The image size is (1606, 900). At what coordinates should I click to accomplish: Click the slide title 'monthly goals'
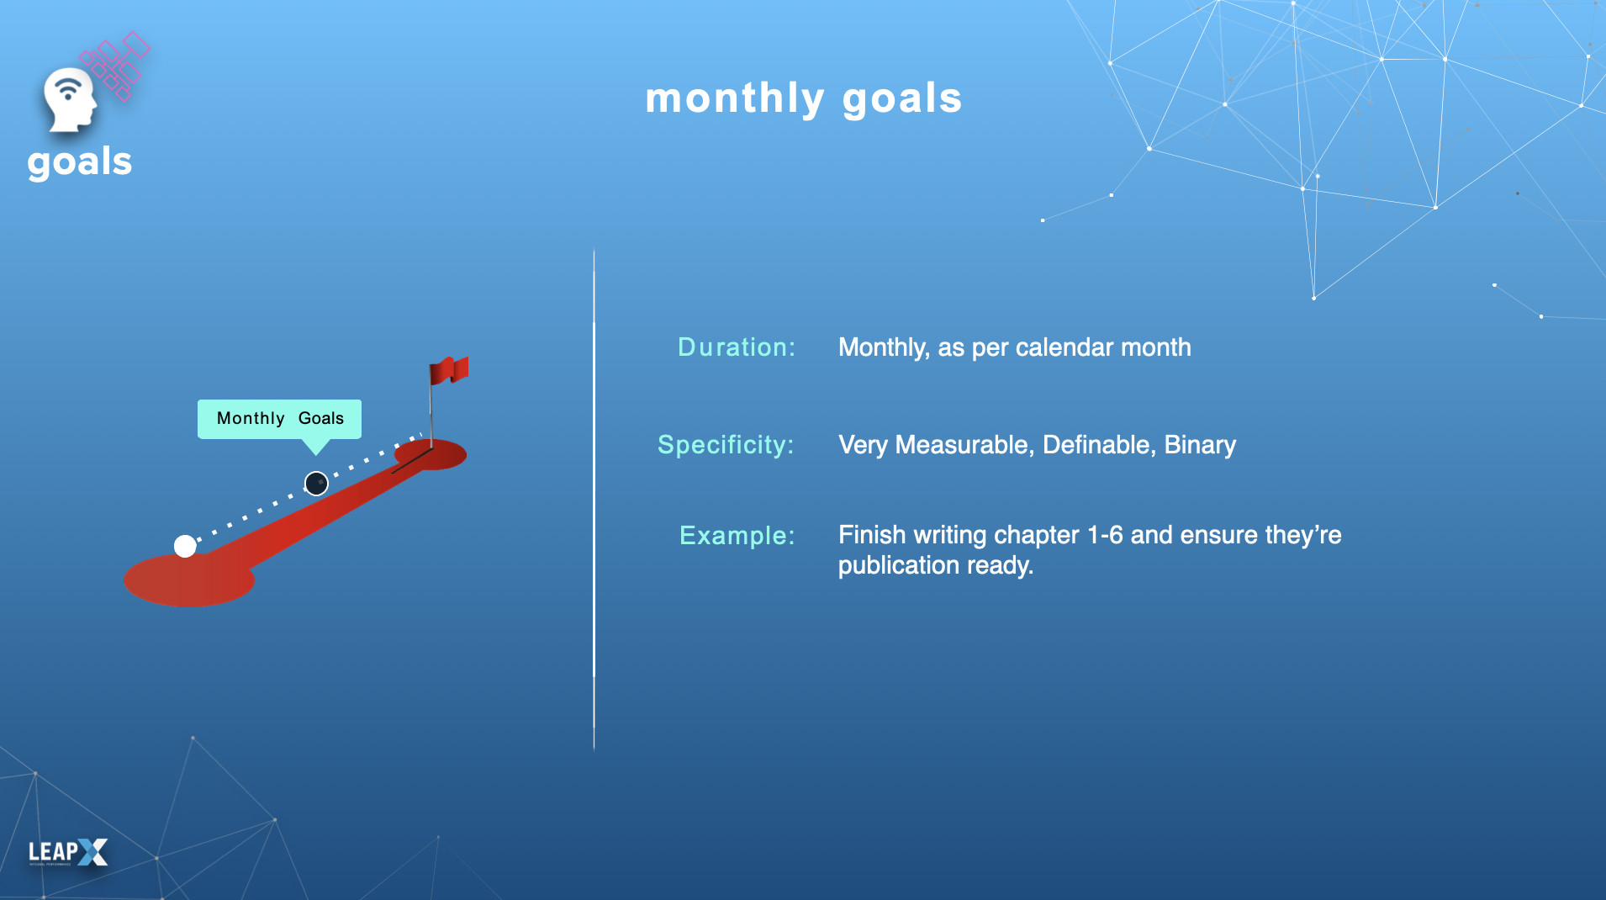(x=803, y=99)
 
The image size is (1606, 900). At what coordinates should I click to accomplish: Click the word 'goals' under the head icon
(x=80, y=161)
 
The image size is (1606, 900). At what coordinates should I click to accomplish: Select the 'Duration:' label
(x=736, y=347)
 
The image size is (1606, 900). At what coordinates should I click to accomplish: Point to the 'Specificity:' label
(x=726, y=445)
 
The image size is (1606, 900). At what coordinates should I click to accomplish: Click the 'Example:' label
(x=737, y=536)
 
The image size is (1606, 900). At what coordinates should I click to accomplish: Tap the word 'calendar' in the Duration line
(x=1065, y=347)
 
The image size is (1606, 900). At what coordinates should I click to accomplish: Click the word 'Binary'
(x=1200, y=445)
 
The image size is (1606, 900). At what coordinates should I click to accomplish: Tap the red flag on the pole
(x=449, y=370)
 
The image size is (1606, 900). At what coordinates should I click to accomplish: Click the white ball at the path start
(x=185, y=546)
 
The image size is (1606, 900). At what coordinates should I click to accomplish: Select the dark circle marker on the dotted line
(x=316, y=484)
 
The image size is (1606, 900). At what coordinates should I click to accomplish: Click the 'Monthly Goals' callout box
(x=279, y=419)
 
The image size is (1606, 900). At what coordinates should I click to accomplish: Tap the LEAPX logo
(x=68, y=852)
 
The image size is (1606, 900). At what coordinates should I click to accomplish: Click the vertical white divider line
(x=594, y=500)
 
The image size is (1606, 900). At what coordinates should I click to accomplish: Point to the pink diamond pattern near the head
(x=115, y=66)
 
